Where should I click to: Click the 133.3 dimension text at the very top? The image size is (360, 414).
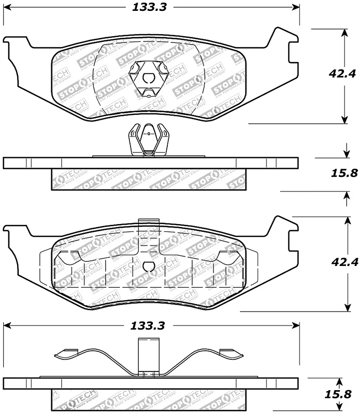coord(147,7)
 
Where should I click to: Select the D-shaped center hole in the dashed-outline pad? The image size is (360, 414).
coord(148,268)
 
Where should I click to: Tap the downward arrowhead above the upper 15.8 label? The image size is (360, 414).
coord(345,154)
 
